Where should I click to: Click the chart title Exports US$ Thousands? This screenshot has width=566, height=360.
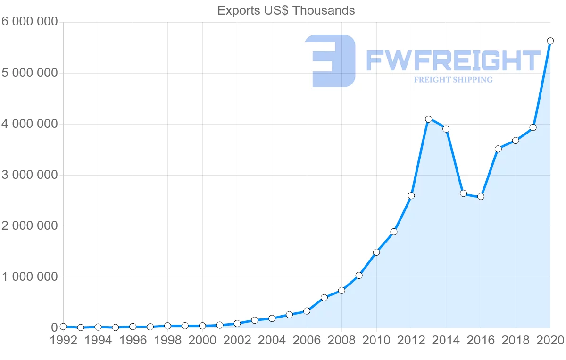pyautogui.click(x=286, y=10)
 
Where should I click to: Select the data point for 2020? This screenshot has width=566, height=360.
pyautogui.click(x=550, y=41)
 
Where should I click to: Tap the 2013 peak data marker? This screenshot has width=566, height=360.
pyautogui.click(x=428, y=119)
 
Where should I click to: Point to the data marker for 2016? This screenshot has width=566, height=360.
pyautogui.click(x=481, y=196)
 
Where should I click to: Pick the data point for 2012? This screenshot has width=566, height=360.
pyautogui.click(x=411, y=195)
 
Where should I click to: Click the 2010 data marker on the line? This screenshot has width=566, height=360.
pyautogui.click(x=376, y=252)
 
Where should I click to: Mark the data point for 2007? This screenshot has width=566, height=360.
pyautogui.click(x=324, y=298)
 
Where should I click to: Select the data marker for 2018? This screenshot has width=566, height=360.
pyautogui.click(x=516, y=141)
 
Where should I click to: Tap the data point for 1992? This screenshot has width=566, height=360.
pyautogui.click(x=63, y=327)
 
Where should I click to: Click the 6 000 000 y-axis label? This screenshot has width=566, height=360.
pyautogui.click(x=29, y=22)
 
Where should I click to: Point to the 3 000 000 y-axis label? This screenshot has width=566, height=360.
pyautogui.click(x=29, y=175)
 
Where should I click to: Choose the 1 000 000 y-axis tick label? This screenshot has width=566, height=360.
pyautogui.click(x=29, y=277)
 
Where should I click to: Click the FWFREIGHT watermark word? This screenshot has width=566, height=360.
pyautogui.click(x=453, y=61)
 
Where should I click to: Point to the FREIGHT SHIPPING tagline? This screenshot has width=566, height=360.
pyautogui.click(x=453, y=80)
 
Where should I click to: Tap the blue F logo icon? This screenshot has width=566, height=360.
pyautogui.click(x=330, y=61)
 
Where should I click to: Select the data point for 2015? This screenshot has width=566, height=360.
pyautogui.click(x=463, y=193)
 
